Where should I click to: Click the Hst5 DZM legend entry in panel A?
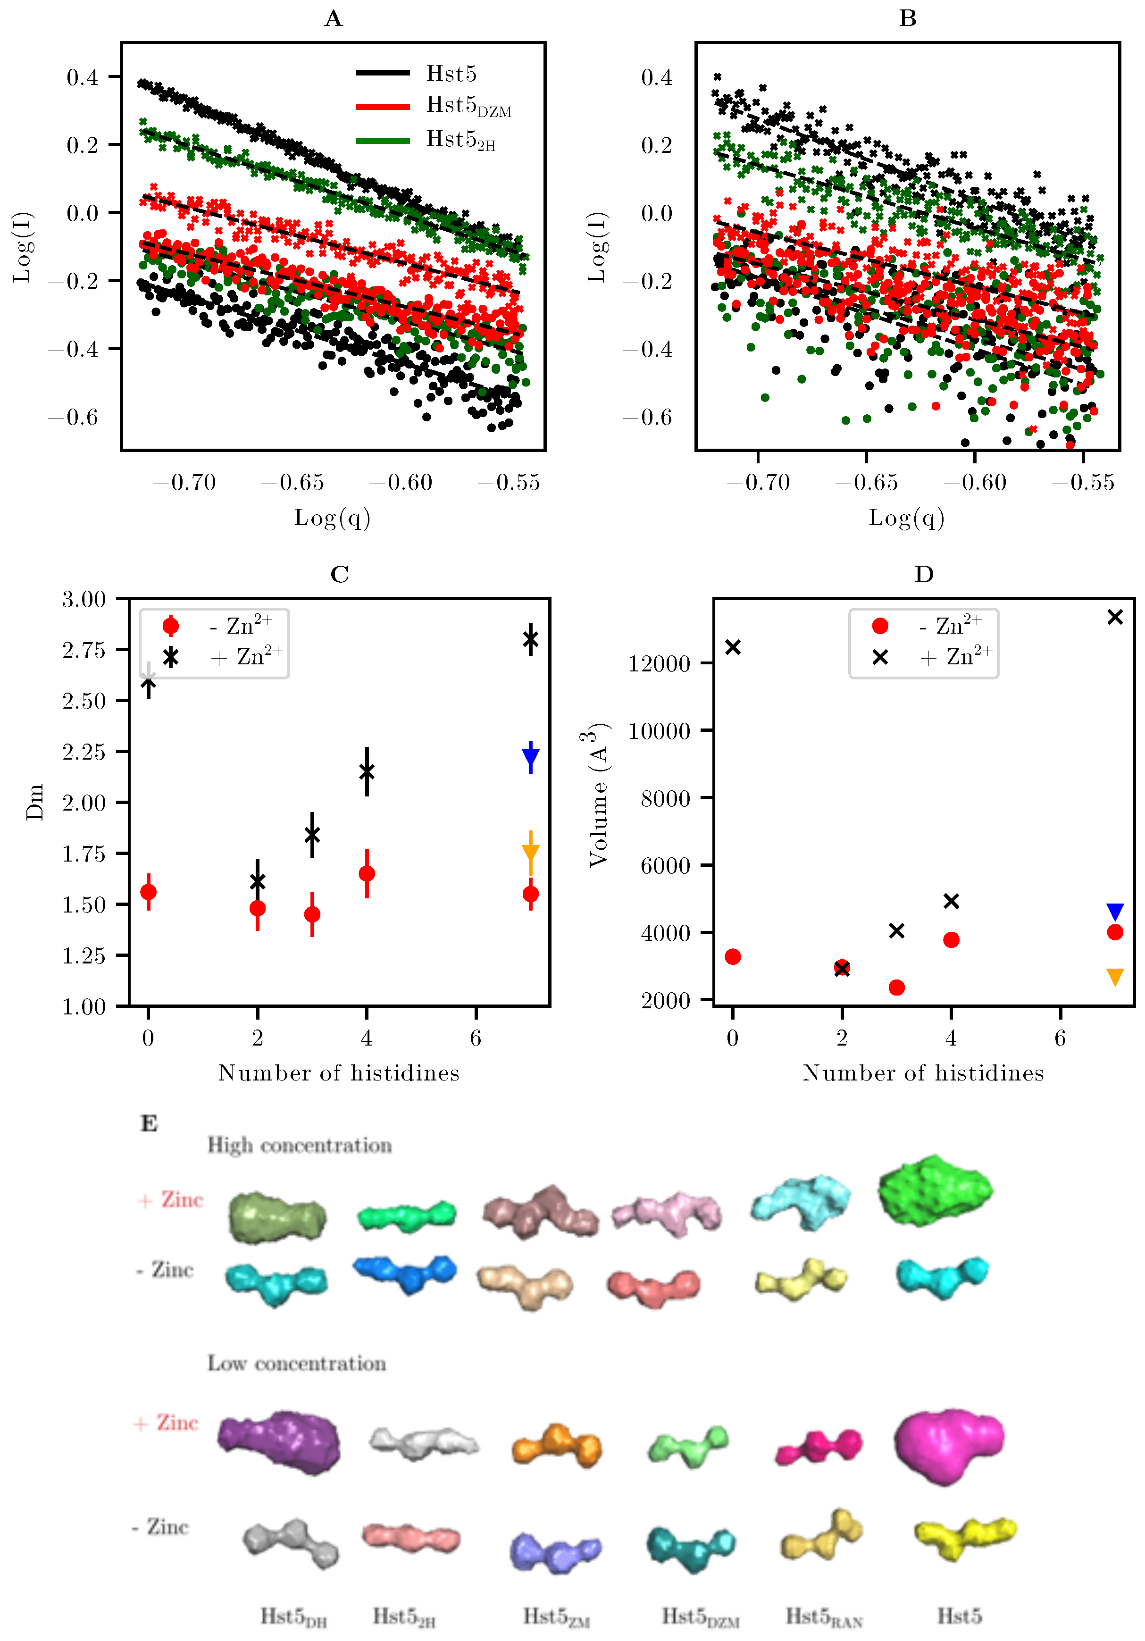tap(468, 107)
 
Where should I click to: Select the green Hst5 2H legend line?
tap(383, 140)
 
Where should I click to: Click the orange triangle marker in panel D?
tap(1114, 976)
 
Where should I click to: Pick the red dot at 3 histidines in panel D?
tap(896, 987)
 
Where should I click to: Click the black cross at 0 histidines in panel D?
tap(733, 647)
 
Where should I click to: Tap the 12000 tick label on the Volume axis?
tap(659, 664)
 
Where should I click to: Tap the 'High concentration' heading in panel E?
tap(300, 1145)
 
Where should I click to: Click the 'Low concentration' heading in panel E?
tap(297, 1363)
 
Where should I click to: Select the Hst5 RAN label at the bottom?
tap(824, 1616)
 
